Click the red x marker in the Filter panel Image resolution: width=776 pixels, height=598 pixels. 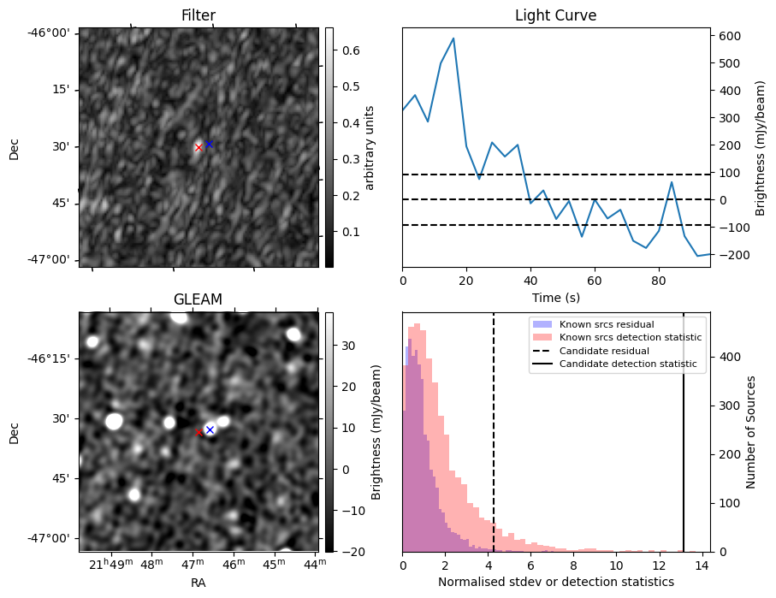click(198, 147)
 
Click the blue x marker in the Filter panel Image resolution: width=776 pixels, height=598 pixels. click(209, 144)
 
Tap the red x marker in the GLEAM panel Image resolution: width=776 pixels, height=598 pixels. click(199, 432)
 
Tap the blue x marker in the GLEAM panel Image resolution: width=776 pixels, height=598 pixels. click(210, 429)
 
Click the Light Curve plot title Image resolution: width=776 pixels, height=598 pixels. click(555, 16)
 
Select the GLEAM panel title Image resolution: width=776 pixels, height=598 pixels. click(198, 299)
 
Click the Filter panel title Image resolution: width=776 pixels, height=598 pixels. click(198, 16)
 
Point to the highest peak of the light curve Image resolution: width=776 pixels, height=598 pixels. click(453, 38)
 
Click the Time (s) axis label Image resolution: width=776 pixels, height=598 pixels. click(555, 296)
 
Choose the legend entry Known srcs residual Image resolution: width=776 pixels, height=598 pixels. click(607, 325)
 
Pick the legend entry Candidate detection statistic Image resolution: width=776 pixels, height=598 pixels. click(627, 364)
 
